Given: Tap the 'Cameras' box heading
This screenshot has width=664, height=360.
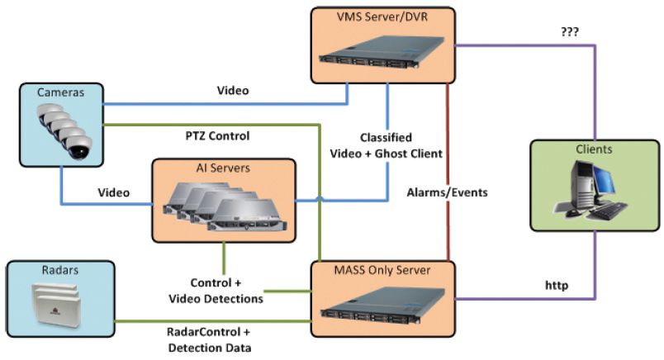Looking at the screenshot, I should [56, 92].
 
